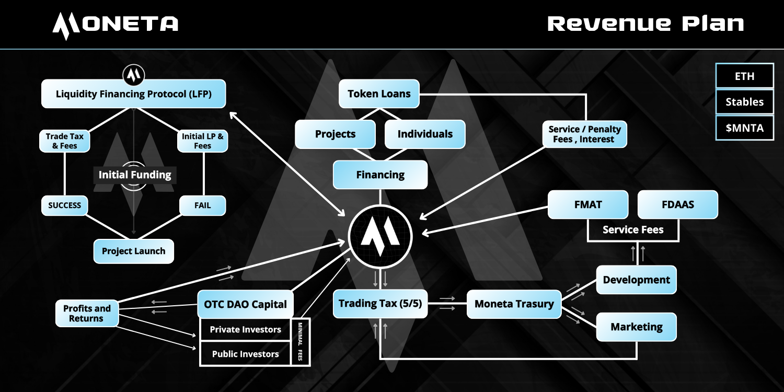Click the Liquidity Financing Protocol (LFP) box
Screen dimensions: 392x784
coord(133,94)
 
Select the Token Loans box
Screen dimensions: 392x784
coord(379,94)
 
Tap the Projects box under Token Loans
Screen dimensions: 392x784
coord(335,134)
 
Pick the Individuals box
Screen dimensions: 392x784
coord(425,134)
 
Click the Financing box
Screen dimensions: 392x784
coord(380,175)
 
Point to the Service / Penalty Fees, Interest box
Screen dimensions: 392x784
coord(584,134)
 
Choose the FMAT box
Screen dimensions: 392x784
coord(588,204)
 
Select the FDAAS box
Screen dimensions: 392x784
coord(677,204)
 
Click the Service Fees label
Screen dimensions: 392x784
coord(633,229)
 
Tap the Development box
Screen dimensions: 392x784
coord(636,280)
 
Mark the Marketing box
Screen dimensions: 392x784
coord(636,327)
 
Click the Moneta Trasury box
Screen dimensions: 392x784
coord(514,304)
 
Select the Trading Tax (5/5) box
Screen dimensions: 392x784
coord(380,304)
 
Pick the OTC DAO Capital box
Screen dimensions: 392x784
coord(245,304)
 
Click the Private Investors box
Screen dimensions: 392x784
coord(245,329)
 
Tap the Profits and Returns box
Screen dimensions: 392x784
coord(87,314)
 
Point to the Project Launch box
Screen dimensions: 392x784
coord(133,251)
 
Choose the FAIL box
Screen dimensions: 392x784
coord(202,205)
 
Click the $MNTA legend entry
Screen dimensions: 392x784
coord(744,129)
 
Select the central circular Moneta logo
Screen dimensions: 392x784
coord(381,237)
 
